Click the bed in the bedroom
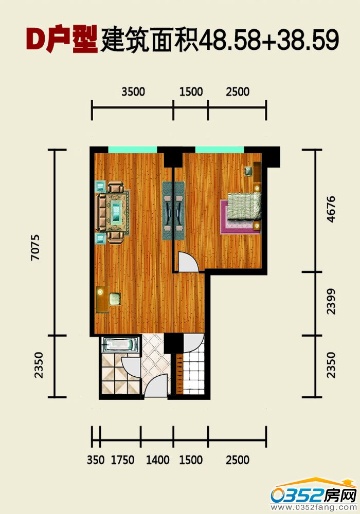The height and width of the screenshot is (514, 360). click(245, 207)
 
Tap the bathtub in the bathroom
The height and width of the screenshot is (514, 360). click(120, 345)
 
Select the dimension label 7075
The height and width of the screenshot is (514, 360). click(35, 247)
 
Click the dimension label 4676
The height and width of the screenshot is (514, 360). click(331, 209)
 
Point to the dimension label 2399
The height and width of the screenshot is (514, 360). click(331, 302)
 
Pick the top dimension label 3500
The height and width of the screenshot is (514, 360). click(133, 92)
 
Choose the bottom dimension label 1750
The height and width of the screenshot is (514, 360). click(122, 460)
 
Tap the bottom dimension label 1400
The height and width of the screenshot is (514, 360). click(158, 460)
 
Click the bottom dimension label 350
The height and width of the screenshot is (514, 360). click(96, 460)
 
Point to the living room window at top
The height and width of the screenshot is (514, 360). click(133, 150)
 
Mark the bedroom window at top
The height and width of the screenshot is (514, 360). click(220, 150)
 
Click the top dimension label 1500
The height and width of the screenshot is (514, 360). click(191, 92)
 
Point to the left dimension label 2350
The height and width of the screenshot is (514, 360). click(39, 365)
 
